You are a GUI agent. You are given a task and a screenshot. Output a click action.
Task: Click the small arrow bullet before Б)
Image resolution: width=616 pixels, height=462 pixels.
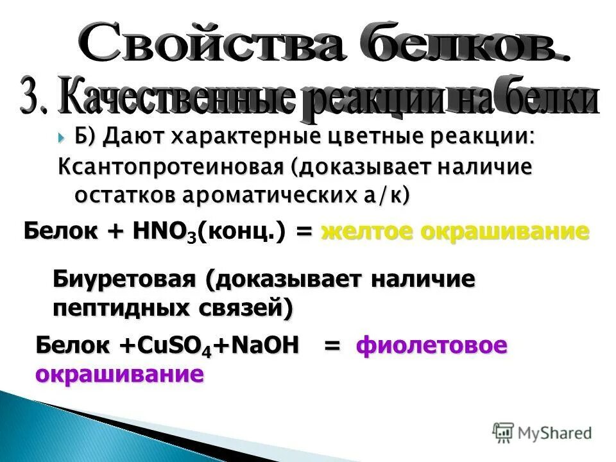tap(61, 137)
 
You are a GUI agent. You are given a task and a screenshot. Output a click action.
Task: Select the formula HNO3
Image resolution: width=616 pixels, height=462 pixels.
tap(164, 232)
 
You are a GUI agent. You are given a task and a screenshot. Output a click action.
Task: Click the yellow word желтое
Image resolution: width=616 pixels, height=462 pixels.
tap(366, 232)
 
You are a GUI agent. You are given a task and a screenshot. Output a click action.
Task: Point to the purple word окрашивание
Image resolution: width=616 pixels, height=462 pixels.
tap(120, 374)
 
